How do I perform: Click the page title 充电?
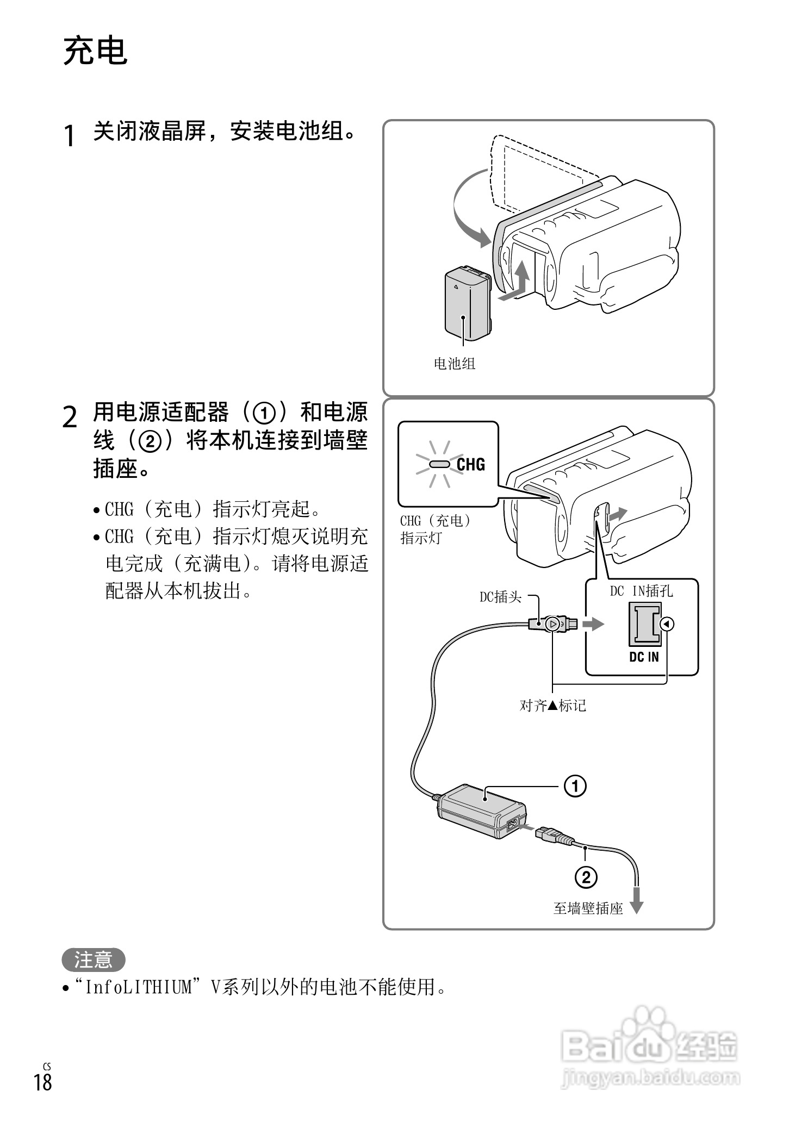point(96,52)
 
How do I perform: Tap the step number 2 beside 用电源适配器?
point(69,417)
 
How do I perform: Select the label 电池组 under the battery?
point(454,364)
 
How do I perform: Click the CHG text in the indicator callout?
point(470,464)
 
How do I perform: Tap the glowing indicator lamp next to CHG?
point(439,464)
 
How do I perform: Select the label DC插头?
point(500,597)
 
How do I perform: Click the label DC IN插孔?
point(641,591)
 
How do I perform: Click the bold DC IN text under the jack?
point(644,657)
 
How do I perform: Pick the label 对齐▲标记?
point(552,706)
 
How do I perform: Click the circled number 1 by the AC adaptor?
point(575,786)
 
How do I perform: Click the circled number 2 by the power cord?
point(586,877)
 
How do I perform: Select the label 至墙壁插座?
point(588,908)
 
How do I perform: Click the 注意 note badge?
point(93,960)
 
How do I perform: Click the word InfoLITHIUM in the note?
point(139,988)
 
